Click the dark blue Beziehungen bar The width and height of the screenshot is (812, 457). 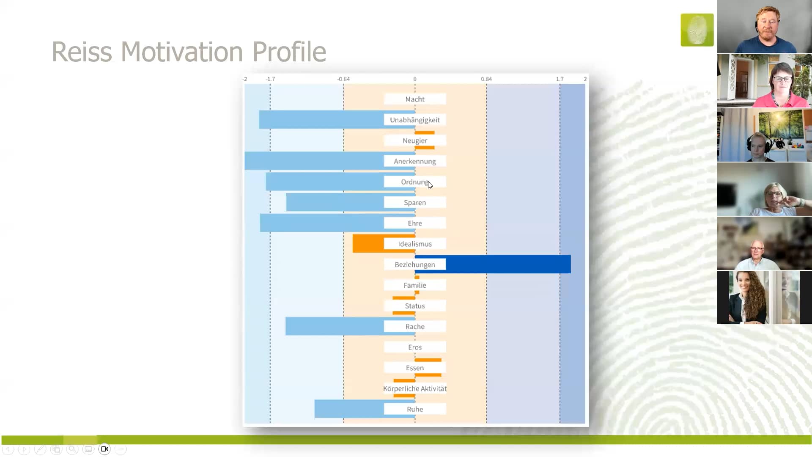point(507,264)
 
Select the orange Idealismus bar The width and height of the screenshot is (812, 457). point(368,244)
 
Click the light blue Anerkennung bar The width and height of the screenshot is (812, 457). point(313,161)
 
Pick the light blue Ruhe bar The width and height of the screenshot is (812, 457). point(349,409)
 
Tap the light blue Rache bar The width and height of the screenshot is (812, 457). point(334,326)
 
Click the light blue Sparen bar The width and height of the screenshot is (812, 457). point(334,202)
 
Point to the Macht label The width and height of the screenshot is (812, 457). point(414,99)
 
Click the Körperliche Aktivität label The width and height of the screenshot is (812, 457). point(414,388)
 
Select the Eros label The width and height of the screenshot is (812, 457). point(414,347)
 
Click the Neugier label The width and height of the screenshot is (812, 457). point(414,140)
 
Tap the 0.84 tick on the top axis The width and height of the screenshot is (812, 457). point(486,79)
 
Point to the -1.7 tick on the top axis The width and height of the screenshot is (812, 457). point(270,79)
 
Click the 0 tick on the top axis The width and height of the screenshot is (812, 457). point(415,79)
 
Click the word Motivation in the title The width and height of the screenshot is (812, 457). point(182,52)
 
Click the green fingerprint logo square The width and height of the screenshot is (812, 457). point(697,30)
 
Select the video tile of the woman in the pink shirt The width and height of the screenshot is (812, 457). point(764,81)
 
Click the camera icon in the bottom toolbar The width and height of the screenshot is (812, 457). point(104,449)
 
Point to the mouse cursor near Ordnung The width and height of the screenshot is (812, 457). point(430,185)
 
